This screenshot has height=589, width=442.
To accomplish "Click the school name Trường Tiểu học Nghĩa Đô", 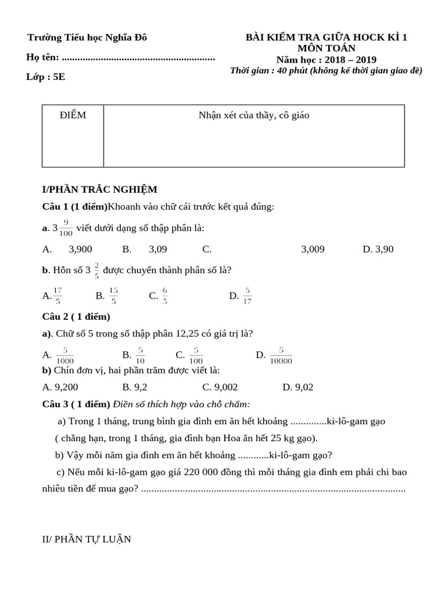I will [x=87, y=38].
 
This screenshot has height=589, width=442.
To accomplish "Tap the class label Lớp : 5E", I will [x=45, y=77].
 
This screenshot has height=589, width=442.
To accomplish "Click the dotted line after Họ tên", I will [x=138, y=58].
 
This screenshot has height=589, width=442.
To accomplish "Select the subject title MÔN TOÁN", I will [x=326, y=49].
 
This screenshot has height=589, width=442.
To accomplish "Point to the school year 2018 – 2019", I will [x=350, y=60].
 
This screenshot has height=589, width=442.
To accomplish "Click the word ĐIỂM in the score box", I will [x=73, y=115].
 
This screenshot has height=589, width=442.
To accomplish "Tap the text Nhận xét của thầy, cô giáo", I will [x=254, y=115].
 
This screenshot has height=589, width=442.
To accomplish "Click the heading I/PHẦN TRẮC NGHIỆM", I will [x=100, y=189].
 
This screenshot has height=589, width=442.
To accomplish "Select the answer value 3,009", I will [x=313, y=249].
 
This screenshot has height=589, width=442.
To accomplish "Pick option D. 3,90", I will [x=378, y=249].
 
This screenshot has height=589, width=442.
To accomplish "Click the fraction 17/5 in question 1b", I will [x=58, y=295].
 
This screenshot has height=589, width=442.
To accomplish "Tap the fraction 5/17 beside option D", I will [x=247, y=295].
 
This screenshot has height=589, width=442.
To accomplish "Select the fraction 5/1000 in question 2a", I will [x=64, y=355].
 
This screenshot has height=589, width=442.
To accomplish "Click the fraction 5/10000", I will [x=281, y=355].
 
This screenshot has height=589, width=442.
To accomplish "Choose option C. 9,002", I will [x=220, y=387].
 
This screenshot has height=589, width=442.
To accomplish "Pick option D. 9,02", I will [x=298, y=387].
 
